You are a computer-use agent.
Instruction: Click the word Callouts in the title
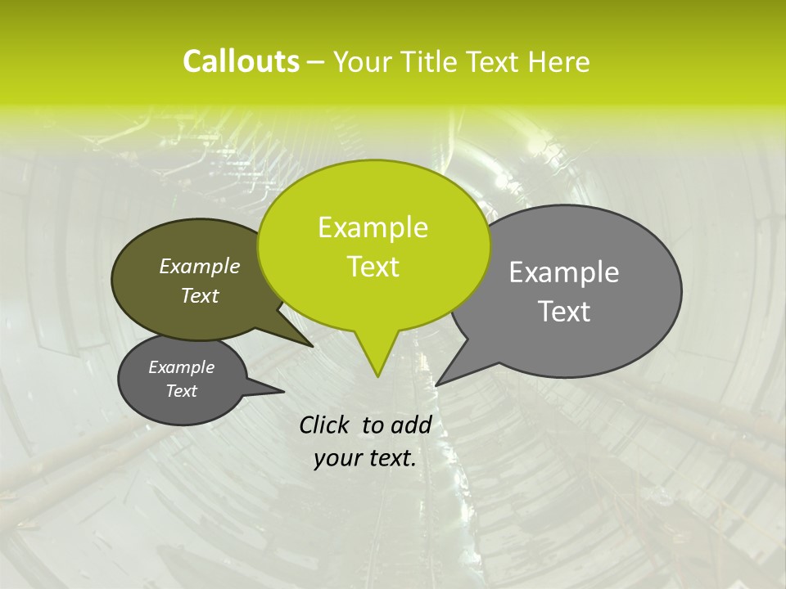pos(241,61)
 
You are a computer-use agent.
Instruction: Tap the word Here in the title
pos(560,61)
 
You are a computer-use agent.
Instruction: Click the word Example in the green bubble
pos(373,227)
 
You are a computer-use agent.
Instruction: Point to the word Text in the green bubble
pos(373,267)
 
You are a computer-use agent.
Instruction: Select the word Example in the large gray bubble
pos(564,272)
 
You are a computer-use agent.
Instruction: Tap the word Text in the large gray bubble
pos(564,312)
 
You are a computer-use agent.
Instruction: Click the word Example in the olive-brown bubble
pos(200,266)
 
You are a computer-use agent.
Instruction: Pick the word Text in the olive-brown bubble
pos(200,295)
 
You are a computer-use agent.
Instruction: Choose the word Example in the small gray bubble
pos(182,367)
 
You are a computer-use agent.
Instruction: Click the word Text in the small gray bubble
pos(182,391)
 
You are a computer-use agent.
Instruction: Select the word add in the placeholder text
pos(410,425)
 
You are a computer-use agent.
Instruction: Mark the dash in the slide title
pos(316,62)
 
